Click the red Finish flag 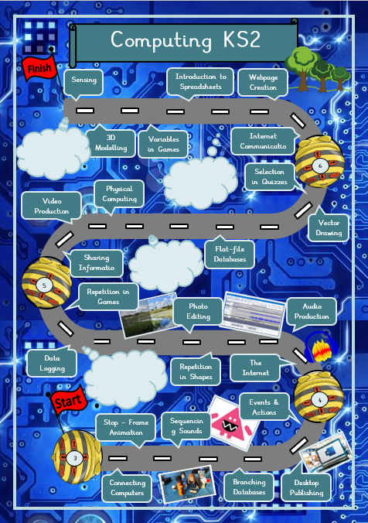(39, 68)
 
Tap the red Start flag (69, 401)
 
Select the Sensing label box (83, 81)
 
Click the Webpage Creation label (263, 82)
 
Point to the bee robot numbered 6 (319, 162)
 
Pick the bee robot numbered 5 (46, 282)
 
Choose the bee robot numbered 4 (318, 397)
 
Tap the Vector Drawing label (329, 227)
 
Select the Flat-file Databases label (230, 255)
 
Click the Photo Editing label (198, 312)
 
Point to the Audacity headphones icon (322, 348)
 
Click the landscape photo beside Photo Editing (148, 315)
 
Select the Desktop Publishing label (306, 487)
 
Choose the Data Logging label (52, 363)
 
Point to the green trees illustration (317, 69)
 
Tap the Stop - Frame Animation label (126, 427)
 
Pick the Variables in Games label (163, 144)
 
